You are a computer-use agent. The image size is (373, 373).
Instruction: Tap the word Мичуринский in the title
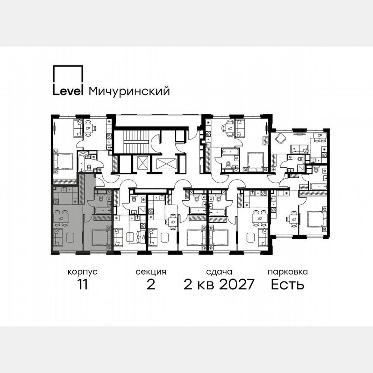(129, 92)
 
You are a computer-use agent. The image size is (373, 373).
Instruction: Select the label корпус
(82, 272)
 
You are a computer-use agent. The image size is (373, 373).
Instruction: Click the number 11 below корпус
(82, 285)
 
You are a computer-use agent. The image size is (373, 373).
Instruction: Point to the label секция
(151, 272)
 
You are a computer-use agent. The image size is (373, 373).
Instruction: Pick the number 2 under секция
(151, 285)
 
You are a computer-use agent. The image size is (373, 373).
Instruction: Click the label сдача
(219, 272)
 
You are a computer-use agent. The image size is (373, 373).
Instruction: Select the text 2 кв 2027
(219, 285)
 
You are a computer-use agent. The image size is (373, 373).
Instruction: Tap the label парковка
(288, 272)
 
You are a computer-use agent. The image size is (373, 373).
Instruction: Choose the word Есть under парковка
(288, 285)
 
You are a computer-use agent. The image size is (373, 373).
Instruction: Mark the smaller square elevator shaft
(142, 163)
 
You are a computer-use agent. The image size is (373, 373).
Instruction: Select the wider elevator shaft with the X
(167, 164)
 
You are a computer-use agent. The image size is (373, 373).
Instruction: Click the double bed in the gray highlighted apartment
(99, 237)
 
